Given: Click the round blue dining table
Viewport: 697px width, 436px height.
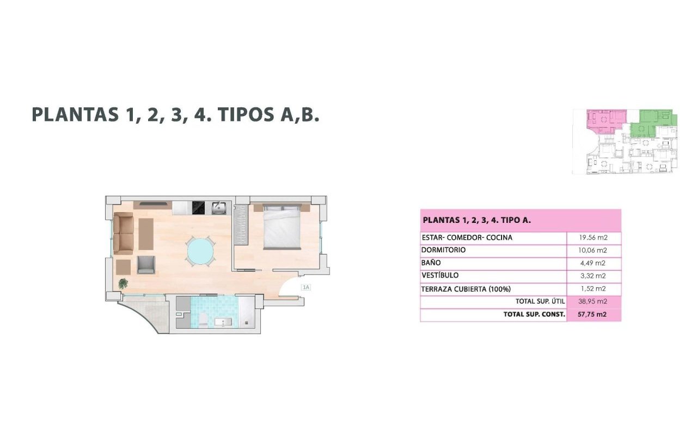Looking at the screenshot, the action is pos(200,251).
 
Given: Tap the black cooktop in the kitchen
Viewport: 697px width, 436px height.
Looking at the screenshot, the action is pos(199,208).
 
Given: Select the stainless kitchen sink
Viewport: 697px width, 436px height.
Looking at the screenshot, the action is pos(219,208).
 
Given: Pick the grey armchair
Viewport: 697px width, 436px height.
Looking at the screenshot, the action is pos(146,265).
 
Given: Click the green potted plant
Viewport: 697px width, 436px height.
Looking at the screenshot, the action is pos(123,283).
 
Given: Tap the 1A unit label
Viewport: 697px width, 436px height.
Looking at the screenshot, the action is pos(306,287).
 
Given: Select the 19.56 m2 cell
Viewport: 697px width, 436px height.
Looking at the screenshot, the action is pos(593,238).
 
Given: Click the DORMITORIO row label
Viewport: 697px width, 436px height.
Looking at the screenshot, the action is pos(443,250).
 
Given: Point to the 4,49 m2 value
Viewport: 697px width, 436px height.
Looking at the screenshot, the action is pos(593,263).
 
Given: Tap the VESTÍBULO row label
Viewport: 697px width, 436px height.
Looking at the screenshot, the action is pos(440,275).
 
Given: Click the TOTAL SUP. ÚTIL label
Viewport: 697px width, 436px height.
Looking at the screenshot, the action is pos(540,301).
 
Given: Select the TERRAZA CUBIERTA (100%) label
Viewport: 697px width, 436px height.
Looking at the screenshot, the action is pos(466,289).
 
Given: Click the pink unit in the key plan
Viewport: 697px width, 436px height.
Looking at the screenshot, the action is pos(605,122).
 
